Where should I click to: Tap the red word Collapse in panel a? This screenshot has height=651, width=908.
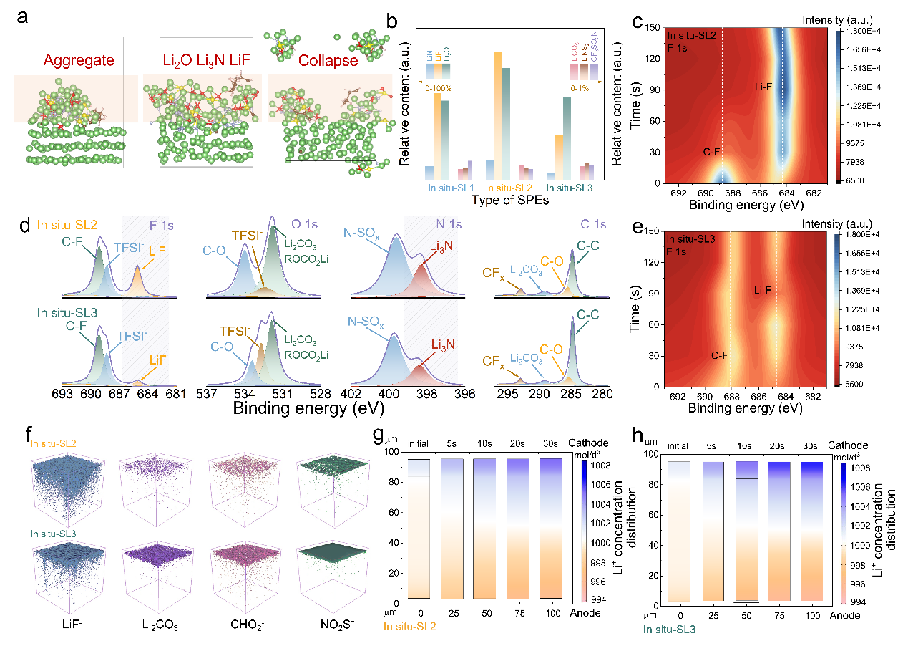[x=328, y=60]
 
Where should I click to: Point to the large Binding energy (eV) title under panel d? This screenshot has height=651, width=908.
[x=308, y=409]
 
